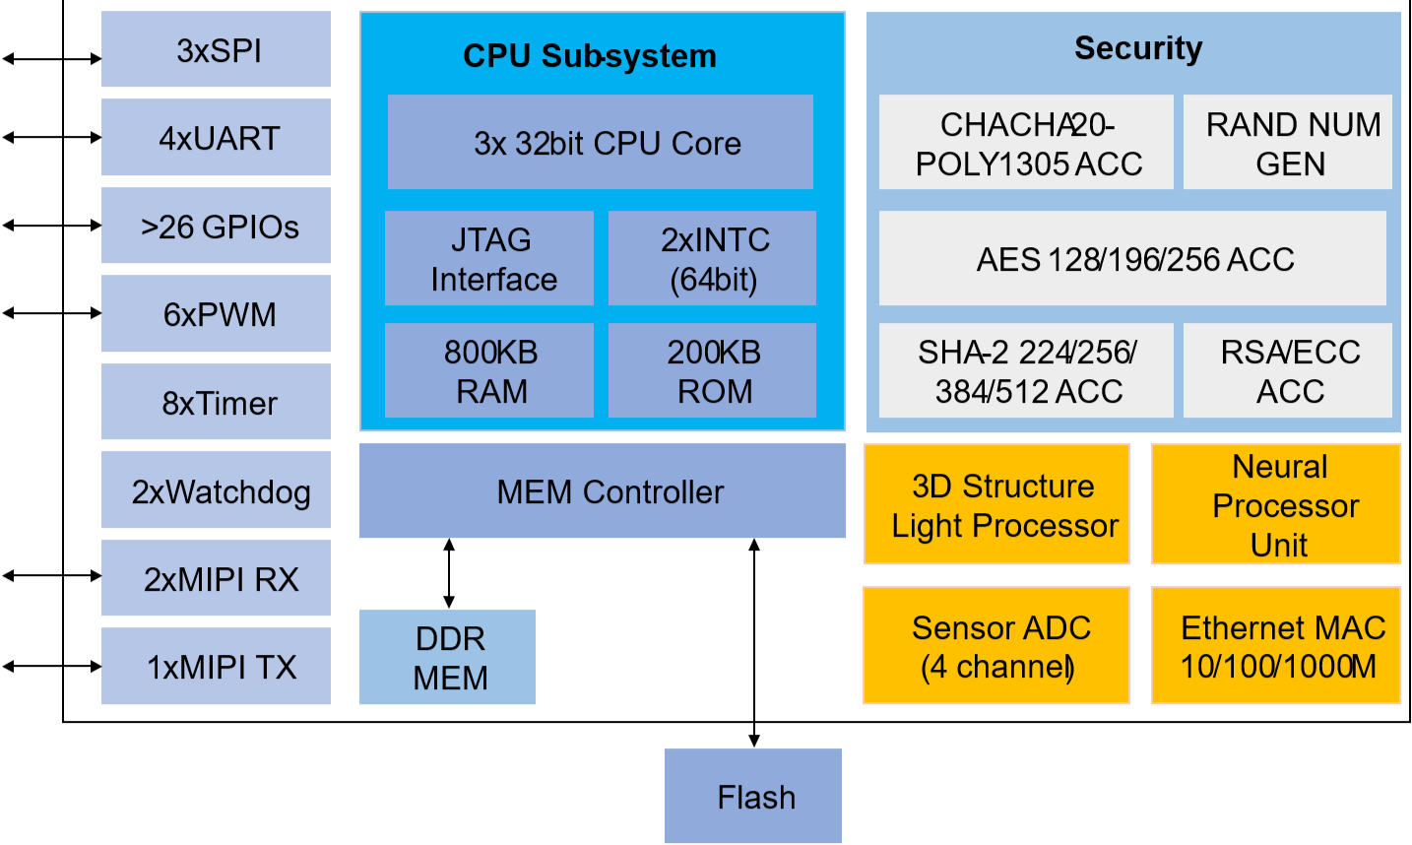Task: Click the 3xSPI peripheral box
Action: point(217,50)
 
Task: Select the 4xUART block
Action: point(217,138)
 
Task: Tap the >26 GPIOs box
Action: point(217,227)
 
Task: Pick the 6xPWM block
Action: point(217,314)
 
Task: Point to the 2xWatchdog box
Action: point(217,490)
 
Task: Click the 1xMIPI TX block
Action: point(217,667)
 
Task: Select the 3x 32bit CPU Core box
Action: point(601,143)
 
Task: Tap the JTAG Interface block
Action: point(489,259)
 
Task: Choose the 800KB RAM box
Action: point(489,371)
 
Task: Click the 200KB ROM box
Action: point(713,371)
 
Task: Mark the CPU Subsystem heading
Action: point(590,56)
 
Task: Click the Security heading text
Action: point(1138,48)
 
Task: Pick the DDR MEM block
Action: point(448,658)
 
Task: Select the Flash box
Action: point(753,796)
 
